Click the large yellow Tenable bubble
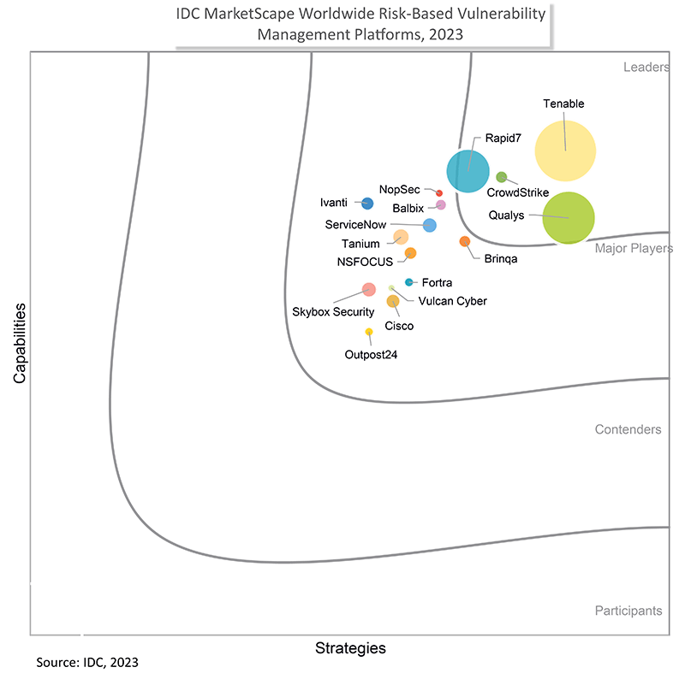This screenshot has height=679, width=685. pyautogui.click(x=565, y=151)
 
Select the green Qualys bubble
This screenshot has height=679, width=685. pyautogui.click(x=569, y=218)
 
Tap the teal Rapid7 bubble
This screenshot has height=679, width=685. pyautogui.click(x=468, y=170)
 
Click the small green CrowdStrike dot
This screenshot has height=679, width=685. pyautogui.click(x=502, y=177)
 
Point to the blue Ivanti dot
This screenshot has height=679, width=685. pyautogui.click(x=367, y=204)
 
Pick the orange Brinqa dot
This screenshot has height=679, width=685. pyautogui.click(x=465, y=242)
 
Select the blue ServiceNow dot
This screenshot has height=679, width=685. pyautogui.click(x=430, y=226)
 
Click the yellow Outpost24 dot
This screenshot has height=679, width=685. pyautogui.click(x=369, y=332)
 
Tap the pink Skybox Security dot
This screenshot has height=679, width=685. pyautogui.click(x=368, y=289)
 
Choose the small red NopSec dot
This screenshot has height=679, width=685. pyautogui.click(x=439, y=193)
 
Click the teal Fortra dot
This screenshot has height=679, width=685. pyautogui.click(x=409, y=282)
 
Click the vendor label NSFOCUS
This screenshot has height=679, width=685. pyautogui.click(x=365, y=262)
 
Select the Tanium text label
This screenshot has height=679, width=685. pyautogui.click(x=360, y=245)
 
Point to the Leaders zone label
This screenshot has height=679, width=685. pyautogui.click(x=646, y=68)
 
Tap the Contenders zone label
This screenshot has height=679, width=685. pyautogui.click(x=628, y=429)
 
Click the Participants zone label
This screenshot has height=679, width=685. pyautogui.click(x=628, y=611)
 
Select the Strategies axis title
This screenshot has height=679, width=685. pyautogui.click(x=350, y=648)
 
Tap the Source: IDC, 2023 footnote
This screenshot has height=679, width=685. pyautogui.click(x=87, y=663)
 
